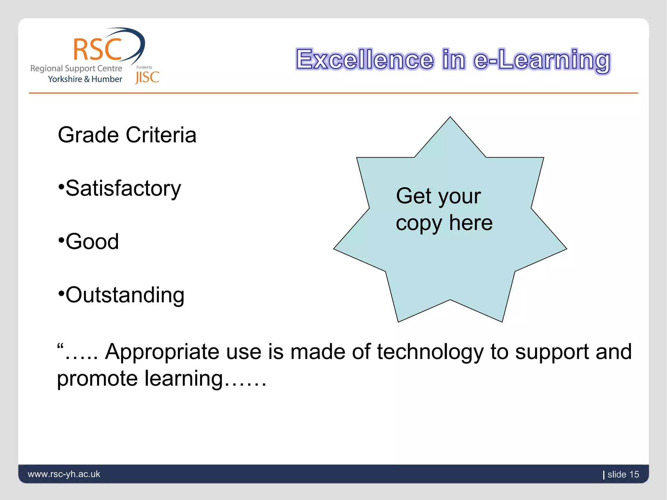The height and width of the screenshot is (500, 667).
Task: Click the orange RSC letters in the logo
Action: pos(97,49)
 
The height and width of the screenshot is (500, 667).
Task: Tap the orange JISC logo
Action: pos(147,77)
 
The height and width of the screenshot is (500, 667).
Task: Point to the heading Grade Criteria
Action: pos(127,135)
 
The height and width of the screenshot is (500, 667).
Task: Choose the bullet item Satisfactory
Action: pos(123,189)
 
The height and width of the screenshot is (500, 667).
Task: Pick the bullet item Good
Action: pos(92,242)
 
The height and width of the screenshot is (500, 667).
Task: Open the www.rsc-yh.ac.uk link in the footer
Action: pos(64,474)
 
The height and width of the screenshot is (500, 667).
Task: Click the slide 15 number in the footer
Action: pos(623,474)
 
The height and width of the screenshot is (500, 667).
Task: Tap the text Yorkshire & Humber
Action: pos(85,79)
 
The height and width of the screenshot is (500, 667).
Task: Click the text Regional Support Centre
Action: pos(76,68)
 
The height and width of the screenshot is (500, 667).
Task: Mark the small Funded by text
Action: pos(144,67)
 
